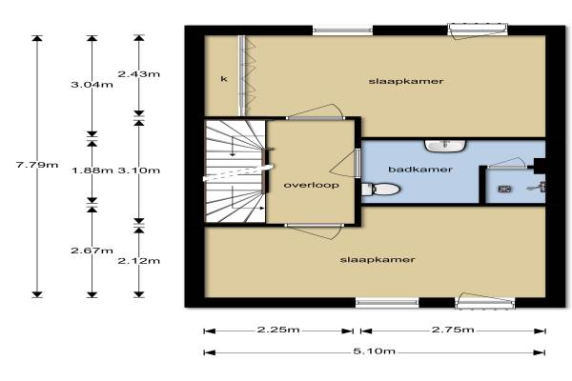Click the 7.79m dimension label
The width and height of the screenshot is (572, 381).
point(37,165)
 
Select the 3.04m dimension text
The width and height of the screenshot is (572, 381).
point(92,85)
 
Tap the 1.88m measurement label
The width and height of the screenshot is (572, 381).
point(92,170)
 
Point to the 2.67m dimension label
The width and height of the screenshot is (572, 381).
point(92,251)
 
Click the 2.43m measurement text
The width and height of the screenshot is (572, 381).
point(138,74)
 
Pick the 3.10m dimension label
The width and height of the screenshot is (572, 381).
point(139,170)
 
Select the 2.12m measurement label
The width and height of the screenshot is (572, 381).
point(139,261)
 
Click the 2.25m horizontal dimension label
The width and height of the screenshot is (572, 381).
point(278,330)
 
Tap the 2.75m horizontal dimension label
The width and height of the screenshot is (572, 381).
point(453,330)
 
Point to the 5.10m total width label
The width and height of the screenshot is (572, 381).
point(375,351)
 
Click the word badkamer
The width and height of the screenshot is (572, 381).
point(420,170)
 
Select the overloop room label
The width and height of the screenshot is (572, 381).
point(311,185)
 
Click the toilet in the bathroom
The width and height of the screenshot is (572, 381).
point(380,190)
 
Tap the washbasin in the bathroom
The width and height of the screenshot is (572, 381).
point(445,146)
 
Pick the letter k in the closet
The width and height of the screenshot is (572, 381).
point(224,79)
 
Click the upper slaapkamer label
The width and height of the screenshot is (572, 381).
point(406,81)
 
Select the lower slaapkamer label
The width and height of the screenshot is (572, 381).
point(378,260)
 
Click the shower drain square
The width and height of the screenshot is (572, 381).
point(504,190)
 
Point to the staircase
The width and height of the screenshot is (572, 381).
point(235,171)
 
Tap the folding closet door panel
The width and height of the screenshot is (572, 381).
point(248,75)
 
